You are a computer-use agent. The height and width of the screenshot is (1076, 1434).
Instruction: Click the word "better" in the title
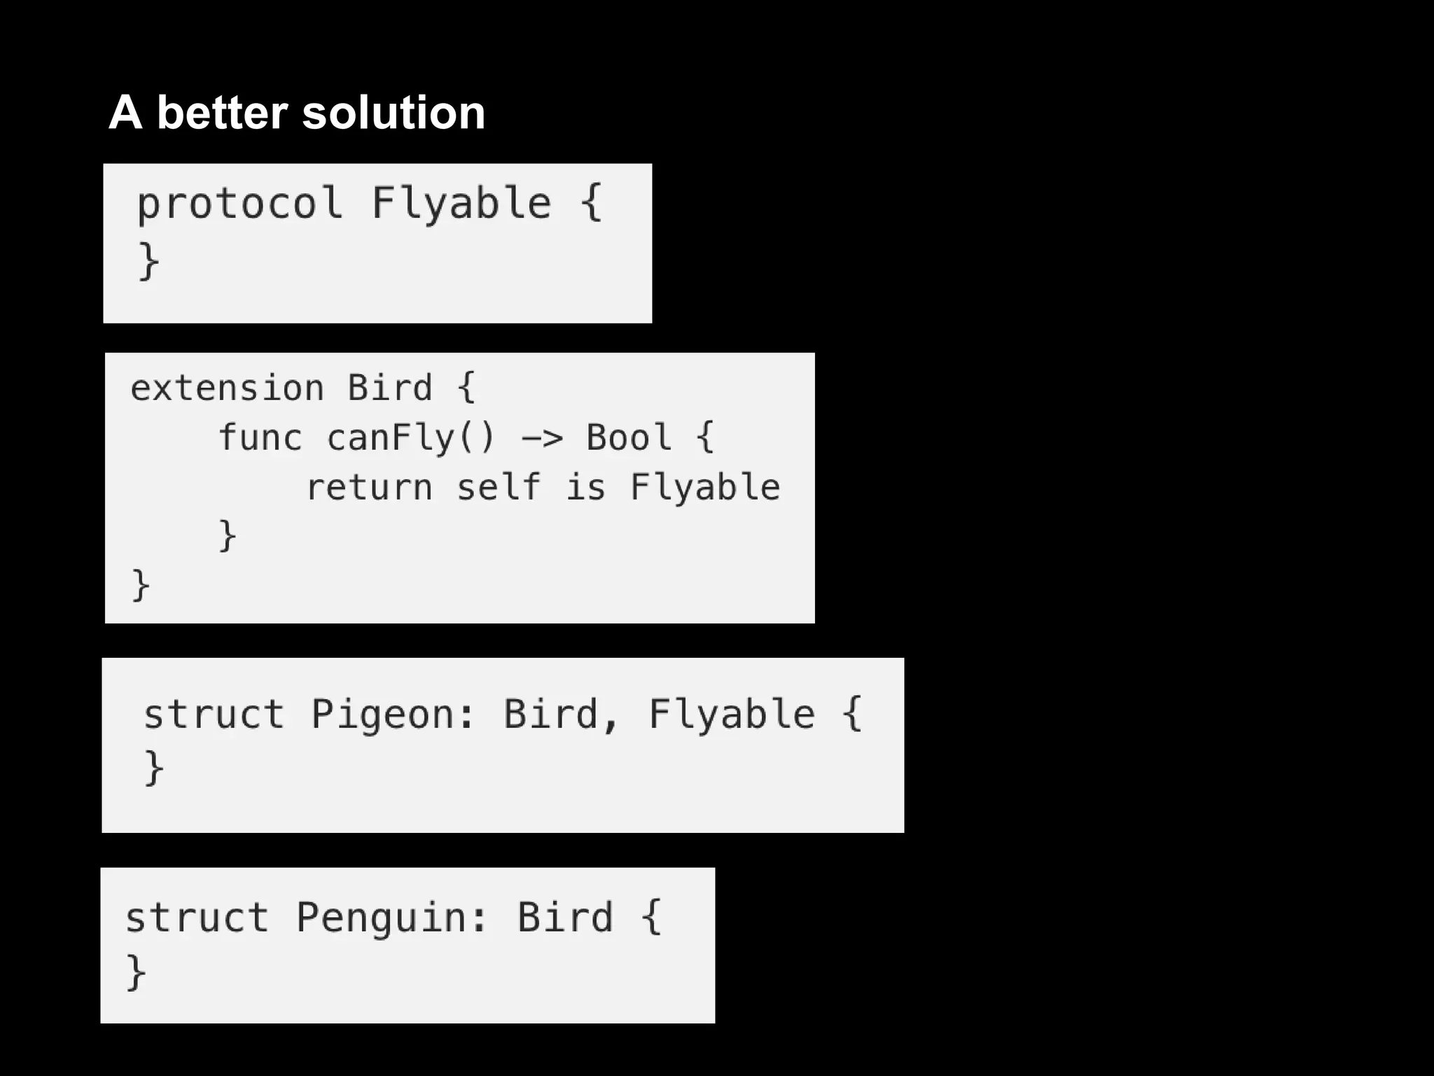pyautogui.click(x=222, y=113)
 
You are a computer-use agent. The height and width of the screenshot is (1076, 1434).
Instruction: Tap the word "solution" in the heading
pyautogui.click(x=394, y=113)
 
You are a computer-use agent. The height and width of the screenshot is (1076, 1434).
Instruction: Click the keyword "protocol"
pyautogui.click(x=239, y=203)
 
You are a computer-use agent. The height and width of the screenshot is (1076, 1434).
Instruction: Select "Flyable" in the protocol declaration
pyautogui.click(x=461, y=203)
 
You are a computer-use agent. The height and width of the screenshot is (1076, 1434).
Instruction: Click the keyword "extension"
pyautogui.click(x=227, y=388)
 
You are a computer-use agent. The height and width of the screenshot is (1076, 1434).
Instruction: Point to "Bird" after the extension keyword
pyautogui.click(x=390, y=388)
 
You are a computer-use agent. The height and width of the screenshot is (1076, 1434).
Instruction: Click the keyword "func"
pyautogui.click(x=260, y=438)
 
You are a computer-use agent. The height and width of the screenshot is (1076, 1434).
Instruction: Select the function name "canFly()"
pyautogui.click(x=411, y=438)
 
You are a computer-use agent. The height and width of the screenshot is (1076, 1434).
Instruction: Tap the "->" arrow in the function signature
pyautogui.click(x=542, y=439)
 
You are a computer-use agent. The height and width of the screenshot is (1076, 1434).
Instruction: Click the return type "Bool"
pyautogui.click(x=629, y=438)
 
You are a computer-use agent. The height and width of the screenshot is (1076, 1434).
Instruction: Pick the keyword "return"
pyautogui.click(x=369, y=488)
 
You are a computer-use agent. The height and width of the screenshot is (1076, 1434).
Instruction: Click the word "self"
pyautogui.click(x=499, y=488)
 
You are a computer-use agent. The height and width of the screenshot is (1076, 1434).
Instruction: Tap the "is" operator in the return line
pyautogui.click(x=585, y=488)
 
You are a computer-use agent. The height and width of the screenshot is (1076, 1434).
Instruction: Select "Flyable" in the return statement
pyautogui.click(x=705, y=488)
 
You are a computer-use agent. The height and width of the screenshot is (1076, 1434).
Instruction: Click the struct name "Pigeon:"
pyautogui.click(x=393, y=715)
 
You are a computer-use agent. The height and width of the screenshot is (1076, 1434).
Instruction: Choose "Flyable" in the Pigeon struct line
pyautogui.click(x=732, y=715)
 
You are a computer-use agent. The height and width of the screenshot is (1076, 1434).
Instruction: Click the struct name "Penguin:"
pyautogui.click(x=391, y=918)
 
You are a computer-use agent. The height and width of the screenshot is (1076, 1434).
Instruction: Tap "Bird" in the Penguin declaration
pyautogui.click(x=565, y=918)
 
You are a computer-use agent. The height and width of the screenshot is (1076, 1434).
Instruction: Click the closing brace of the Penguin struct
pyautogui.click(x=136, y=972)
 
